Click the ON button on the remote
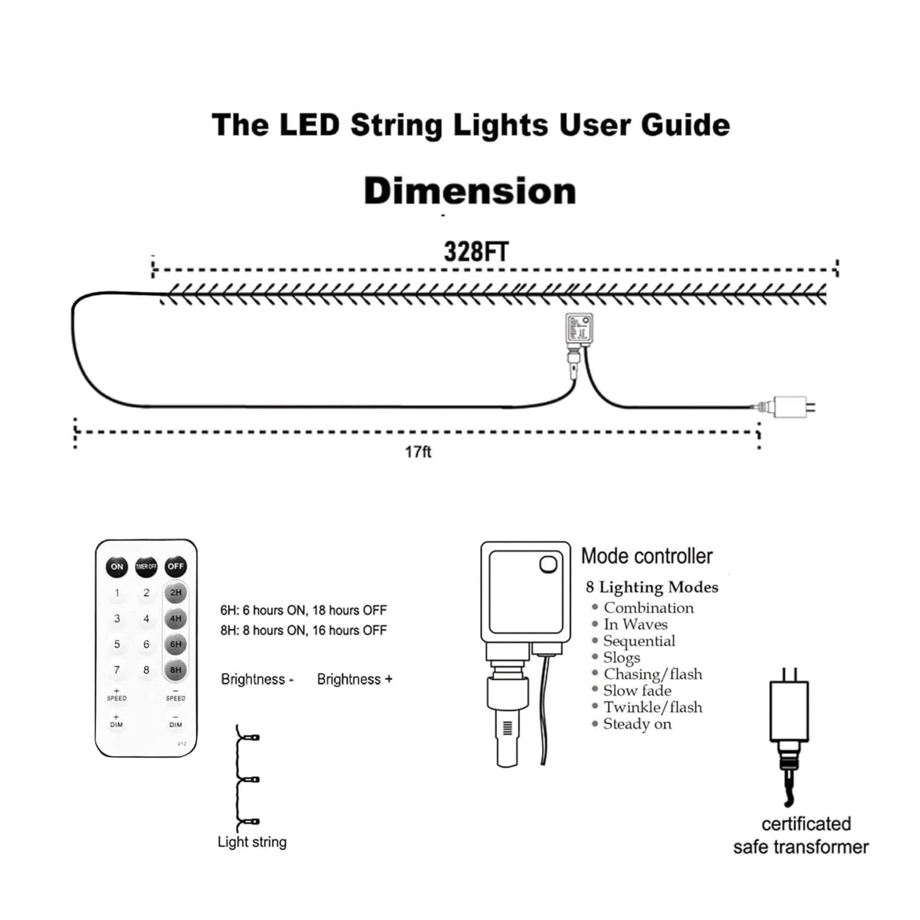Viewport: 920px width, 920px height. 117,567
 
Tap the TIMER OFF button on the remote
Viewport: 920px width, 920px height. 146,567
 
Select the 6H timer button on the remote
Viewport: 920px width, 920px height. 176,644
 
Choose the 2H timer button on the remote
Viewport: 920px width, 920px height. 176,593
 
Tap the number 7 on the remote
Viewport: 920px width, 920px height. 117,670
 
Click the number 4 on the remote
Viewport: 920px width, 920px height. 146,618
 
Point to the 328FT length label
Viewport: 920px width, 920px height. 476,252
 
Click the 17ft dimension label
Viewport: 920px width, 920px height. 418,452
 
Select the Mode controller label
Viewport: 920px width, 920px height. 647,556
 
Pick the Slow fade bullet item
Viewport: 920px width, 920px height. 637,691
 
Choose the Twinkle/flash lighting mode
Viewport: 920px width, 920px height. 652,707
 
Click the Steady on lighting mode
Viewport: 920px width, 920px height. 637,724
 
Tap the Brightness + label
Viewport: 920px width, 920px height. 355,679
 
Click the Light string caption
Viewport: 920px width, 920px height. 252,842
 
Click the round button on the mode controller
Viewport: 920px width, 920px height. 548,565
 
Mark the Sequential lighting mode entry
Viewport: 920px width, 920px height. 639,641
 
